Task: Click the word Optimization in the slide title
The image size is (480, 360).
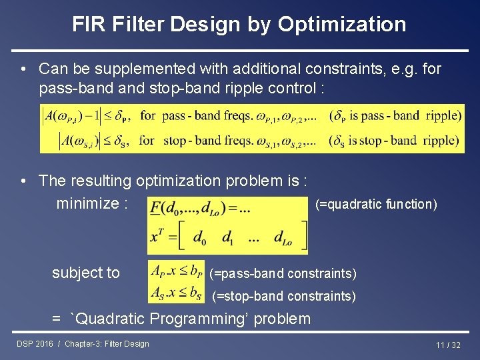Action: tap(341, 25)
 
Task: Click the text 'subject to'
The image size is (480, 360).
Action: tap(86, 273)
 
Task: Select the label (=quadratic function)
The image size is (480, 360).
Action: tap(376, 204)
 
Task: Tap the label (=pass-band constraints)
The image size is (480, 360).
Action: tap(283, 273)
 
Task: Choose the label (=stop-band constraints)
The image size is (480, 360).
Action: tap(284, 295)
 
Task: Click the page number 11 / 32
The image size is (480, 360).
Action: tap(448, 345)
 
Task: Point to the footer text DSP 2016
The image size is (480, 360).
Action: tap(36, 344)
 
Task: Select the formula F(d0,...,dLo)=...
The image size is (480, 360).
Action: tap(201, 209)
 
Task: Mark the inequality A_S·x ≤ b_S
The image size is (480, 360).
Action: tap(176, 292)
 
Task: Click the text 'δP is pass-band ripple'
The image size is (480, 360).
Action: tap(396, 116)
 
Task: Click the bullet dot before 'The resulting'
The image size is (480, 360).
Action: tap(23, 181)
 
